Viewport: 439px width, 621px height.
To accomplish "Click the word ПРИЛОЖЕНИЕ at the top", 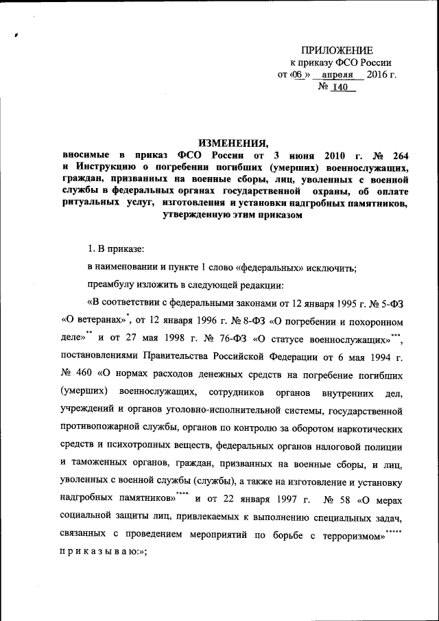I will (x=337, y=50).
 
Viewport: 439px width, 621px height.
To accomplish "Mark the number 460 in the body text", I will (x=86, y=375).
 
